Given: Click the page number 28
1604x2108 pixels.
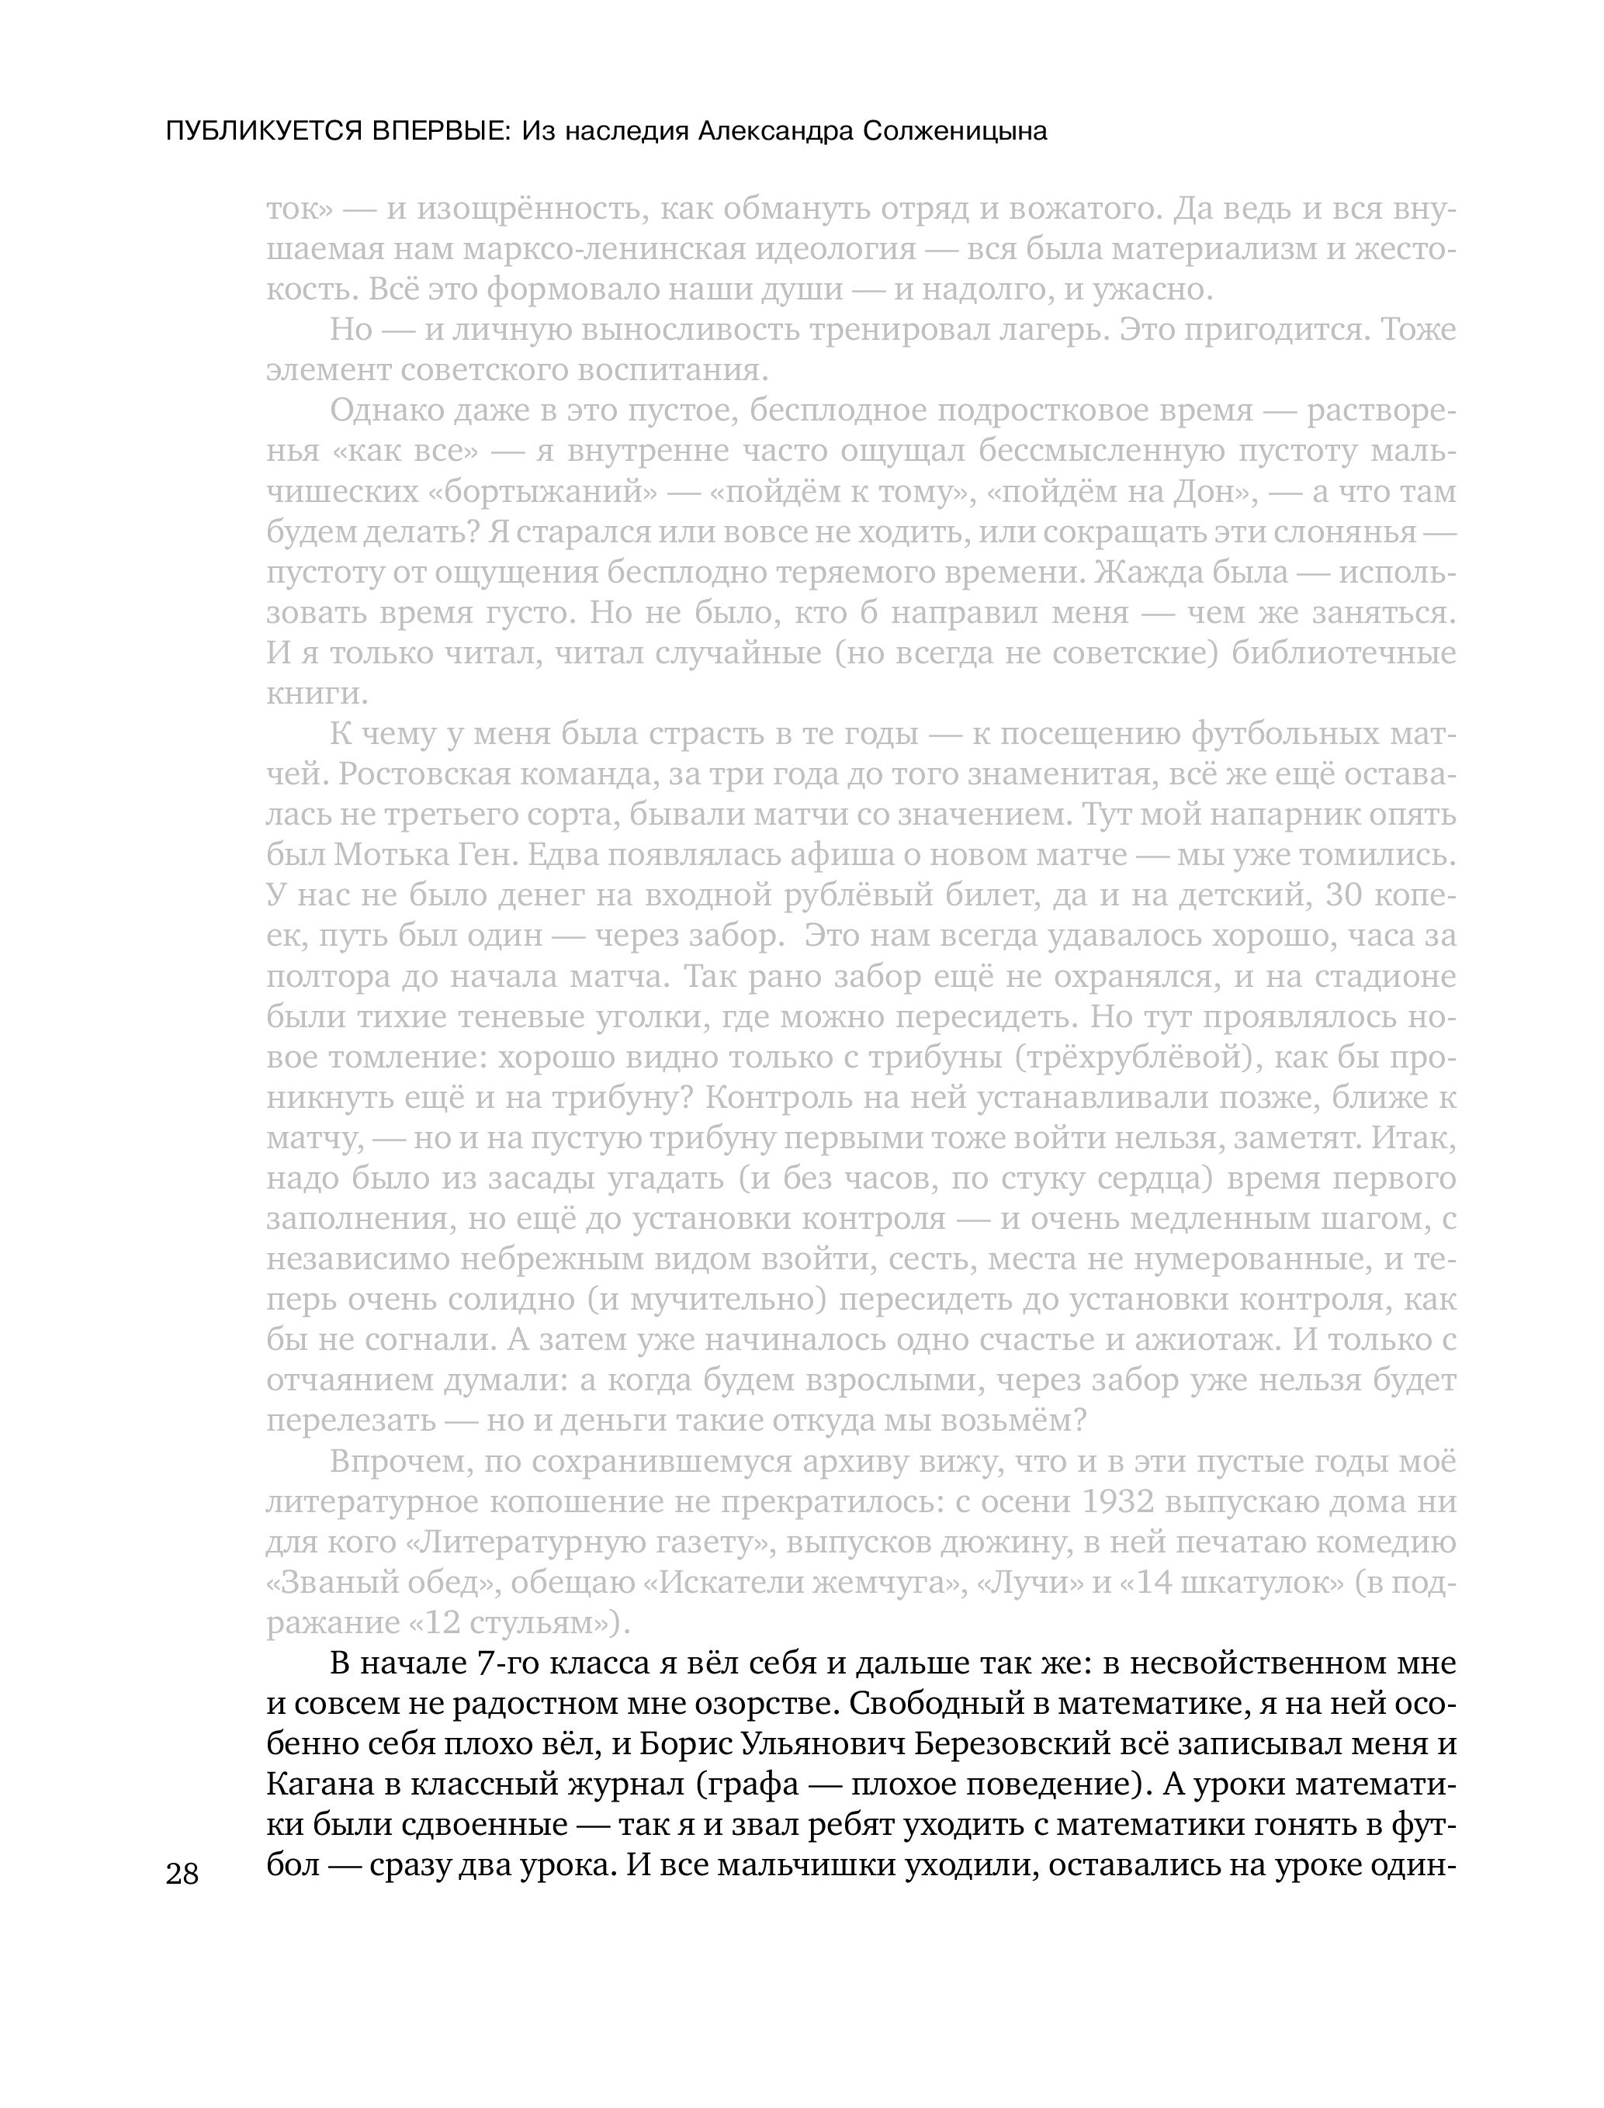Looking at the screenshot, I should coord(182,1874).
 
